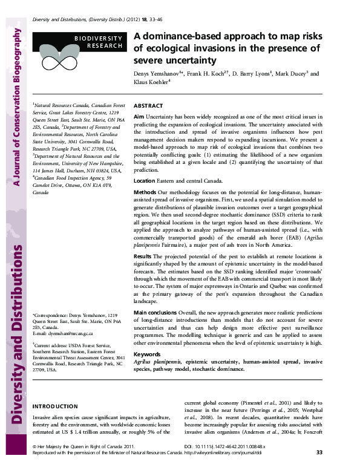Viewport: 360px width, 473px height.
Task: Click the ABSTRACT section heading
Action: [148, 105]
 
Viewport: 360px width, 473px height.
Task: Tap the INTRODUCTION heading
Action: [54, 406]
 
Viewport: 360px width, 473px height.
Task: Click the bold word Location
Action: [144, 181]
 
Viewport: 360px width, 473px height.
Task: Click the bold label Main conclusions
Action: [155, 313]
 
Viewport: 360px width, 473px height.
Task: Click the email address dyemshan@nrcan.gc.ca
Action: [65, 333]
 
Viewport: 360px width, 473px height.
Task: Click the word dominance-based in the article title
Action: [180, 36]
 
